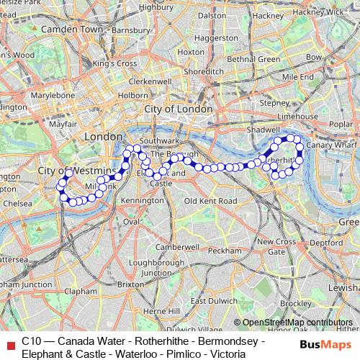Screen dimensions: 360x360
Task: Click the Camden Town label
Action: pos(72,29)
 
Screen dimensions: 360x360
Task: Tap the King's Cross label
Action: pos(114,63)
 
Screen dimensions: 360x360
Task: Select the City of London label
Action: pos(179,108)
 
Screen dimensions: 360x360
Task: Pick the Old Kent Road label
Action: pos(210,200)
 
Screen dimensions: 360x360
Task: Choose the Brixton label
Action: pos(130,284)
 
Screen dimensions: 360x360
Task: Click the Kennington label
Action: pos(142,200)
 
